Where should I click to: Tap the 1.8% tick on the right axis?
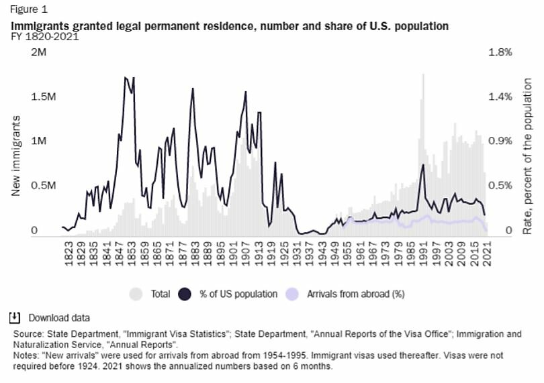[500, 52]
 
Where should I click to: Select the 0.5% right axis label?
[500, 186]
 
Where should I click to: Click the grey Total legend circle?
[136, 293]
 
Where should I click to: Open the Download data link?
[58, 318]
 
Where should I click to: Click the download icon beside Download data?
[15, 318]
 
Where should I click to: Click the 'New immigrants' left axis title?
[15, 155]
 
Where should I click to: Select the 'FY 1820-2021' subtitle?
[45, 36]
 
